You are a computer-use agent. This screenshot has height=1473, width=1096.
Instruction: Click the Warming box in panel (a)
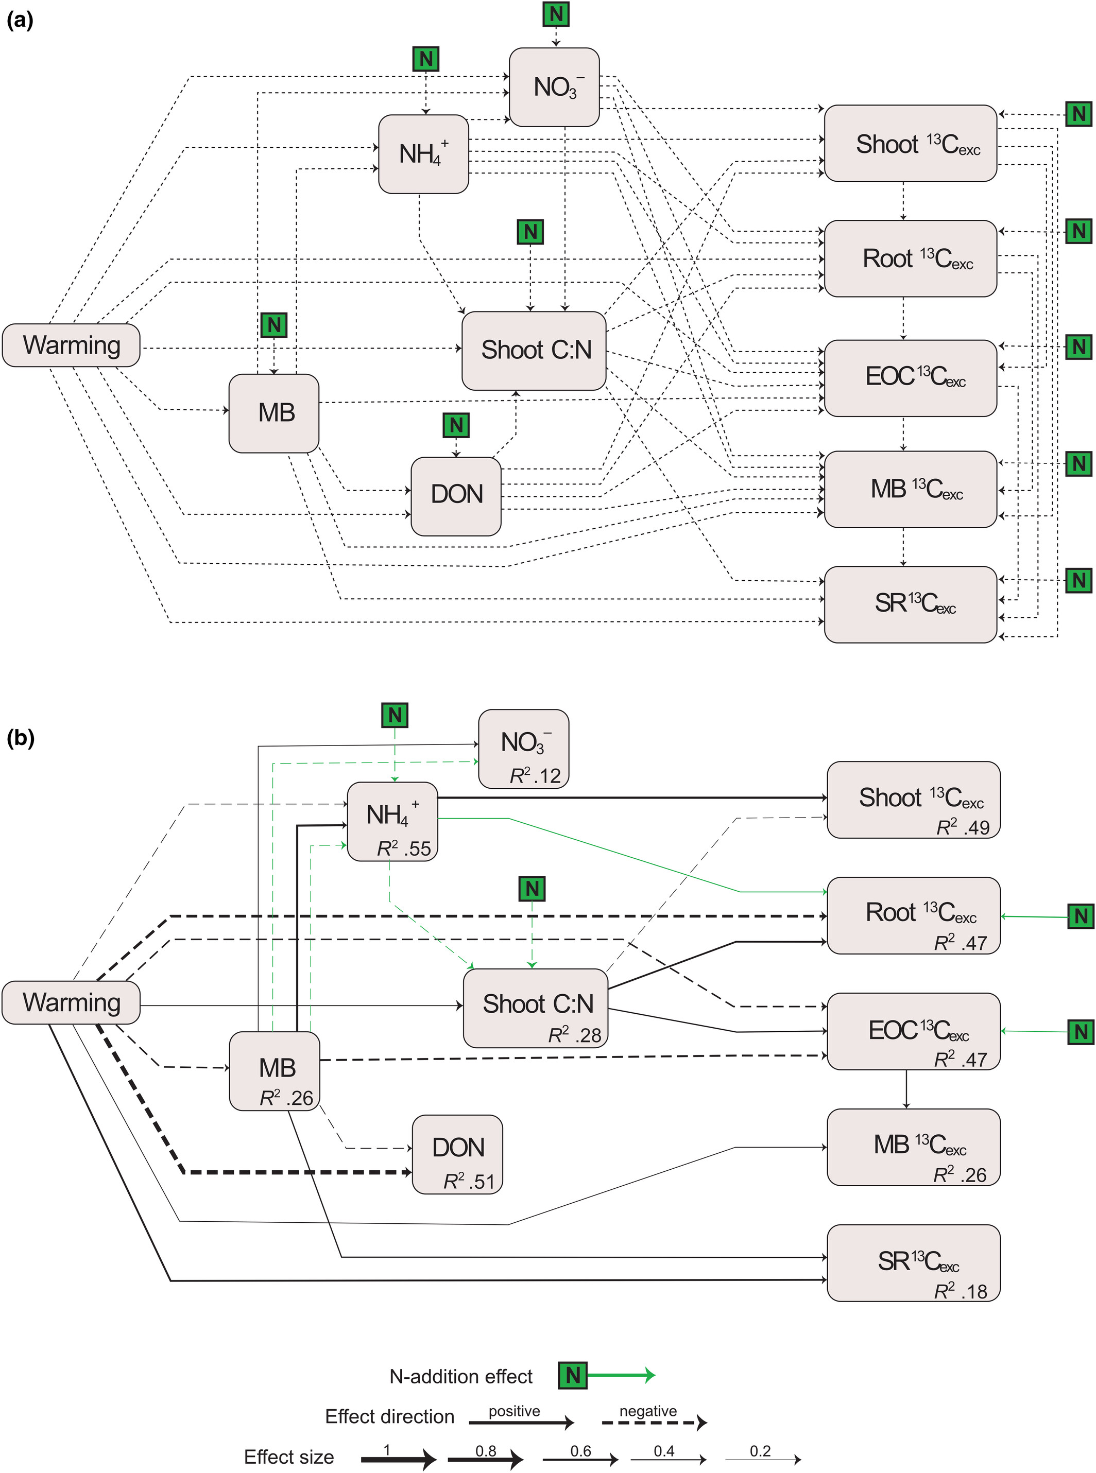[71, 345]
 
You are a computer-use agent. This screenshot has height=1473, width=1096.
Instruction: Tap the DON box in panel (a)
[456, 495]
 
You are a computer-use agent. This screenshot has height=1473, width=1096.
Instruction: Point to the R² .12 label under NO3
[535, 775]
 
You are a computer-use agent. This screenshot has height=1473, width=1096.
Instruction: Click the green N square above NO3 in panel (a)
[556, 13]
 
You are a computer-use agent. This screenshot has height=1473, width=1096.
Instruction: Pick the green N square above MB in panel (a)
[273, 325]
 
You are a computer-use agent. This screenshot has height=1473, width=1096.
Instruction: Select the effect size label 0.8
[486, 1450]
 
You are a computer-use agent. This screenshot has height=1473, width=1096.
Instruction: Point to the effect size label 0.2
[760, 1450]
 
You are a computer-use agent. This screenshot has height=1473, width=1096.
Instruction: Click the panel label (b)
[20, 737]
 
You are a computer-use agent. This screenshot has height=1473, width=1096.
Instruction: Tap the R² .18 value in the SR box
[960, 1291]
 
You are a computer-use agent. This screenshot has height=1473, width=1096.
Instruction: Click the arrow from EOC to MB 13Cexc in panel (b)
[906, 1088]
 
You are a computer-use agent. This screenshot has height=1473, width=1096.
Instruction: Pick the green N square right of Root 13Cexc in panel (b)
[1081, 916]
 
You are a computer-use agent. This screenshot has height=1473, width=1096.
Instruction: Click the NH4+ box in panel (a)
[423, 154]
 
